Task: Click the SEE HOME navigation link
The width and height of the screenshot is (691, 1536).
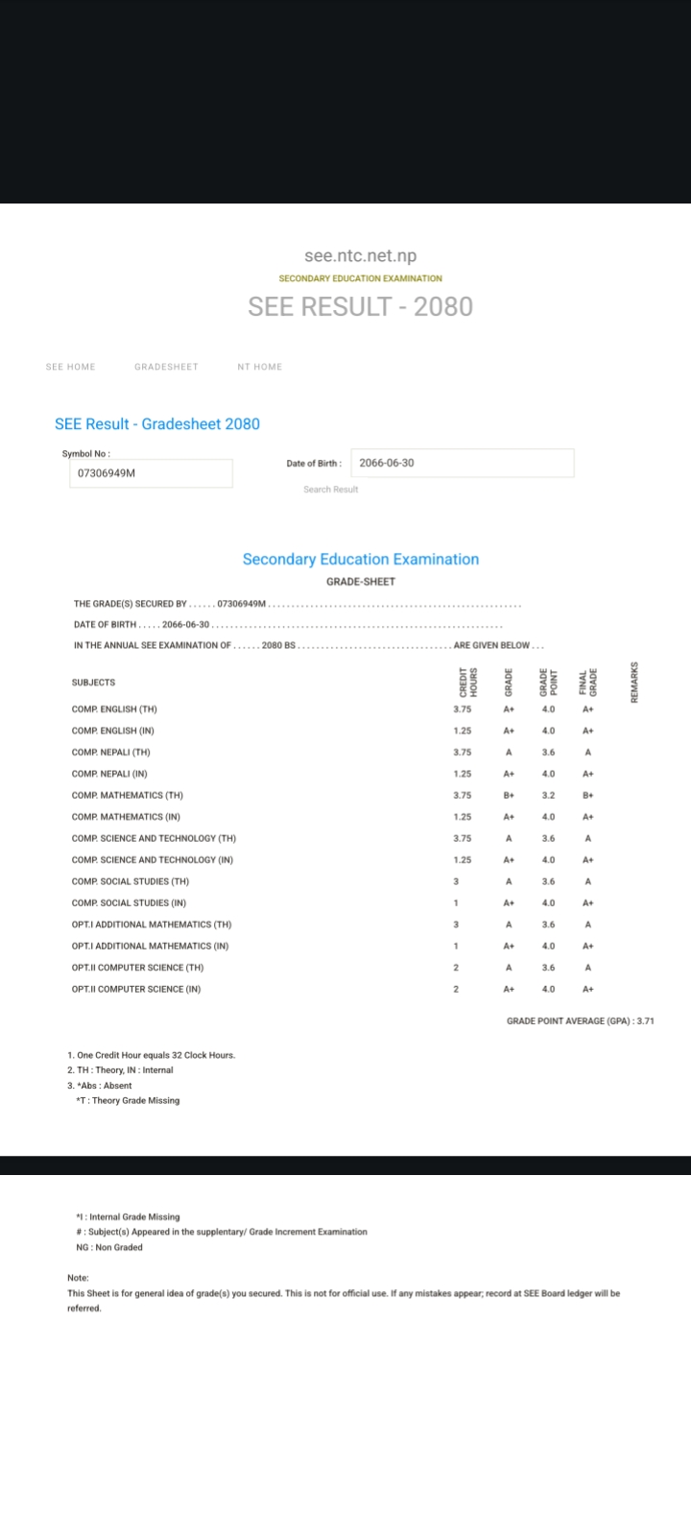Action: point(71,367)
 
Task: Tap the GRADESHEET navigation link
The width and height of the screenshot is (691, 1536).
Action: point(166,367)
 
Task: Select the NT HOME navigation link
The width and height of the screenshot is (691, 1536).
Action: point(260,367)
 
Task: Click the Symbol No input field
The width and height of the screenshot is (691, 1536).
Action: point(150,473)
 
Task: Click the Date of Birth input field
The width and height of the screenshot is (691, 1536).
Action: point(462,463)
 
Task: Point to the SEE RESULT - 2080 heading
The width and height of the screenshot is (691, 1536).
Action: point(360,306)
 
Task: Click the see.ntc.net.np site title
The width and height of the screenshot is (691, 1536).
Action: point(360,256)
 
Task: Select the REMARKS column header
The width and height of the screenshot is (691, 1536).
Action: point(634,682)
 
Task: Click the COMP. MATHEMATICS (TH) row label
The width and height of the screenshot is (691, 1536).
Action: point(127,796)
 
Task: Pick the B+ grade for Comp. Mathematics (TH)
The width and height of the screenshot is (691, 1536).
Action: point(509,796)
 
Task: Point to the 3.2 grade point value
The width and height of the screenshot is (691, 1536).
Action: point(548,796)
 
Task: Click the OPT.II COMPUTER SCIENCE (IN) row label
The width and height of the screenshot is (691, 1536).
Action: point(136,989)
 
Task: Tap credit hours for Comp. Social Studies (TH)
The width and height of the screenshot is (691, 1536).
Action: point(456,881)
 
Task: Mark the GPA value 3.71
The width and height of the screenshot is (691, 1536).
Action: point(645,1021)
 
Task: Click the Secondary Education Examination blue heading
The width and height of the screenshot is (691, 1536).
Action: point(360,560)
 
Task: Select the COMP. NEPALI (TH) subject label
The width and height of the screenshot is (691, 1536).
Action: point(110,753)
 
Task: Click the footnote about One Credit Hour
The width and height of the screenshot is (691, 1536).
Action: point(152,1055)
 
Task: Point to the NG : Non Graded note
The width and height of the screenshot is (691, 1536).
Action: point(109,1248)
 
